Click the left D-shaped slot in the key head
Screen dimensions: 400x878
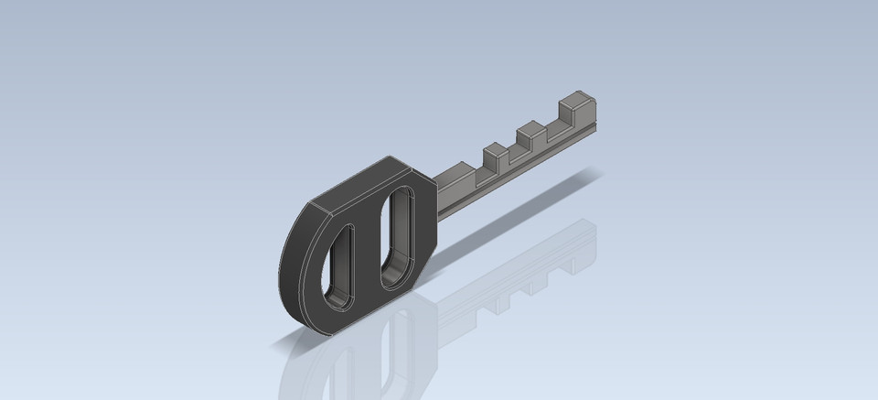tap(339, 265)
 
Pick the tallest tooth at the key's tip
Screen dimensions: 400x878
tap(575, 108)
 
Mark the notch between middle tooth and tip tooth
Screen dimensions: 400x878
tap(552, 129)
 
